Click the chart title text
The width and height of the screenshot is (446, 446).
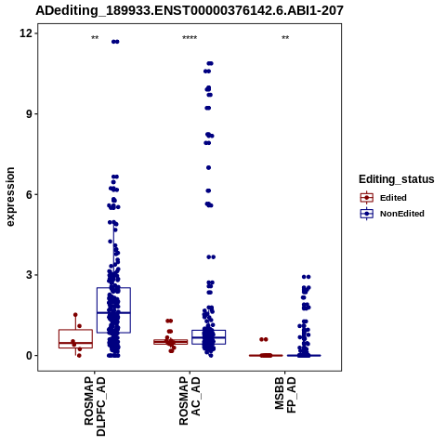pos(190,10)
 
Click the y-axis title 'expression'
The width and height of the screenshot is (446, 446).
pos(10,197)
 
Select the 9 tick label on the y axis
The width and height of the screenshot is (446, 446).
pos(30,113)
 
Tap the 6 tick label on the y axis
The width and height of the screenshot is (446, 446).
pos(30,194)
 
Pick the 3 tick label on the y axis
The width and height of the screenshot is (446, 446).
pos(30,275)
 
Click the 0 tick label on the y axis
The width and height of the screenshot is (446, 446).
pos(30,355)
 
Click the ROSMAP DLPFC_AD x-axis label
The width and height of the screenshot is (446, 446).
pos(95,406)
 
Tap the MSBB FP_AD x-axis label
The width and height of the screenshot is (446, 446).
pos(285,395)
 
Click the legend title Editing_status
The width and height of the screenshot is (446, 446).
pos(397,179)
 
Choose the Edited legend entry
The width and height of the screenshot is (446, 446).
pos(384,198)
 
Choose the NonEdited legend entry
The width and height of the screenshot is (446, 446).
pos(392,214)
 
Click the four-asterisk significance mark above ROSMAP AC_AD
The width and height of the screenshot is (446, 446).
pos(190,38)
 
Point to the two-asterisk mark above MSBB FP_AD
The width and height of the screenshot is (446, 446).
pos(285,38)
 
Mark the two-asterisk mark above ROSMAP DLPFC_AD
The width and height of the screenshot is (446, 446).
pos(95,38)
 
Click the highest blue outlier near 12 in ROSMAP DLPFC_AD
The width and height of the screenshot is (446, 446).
pos(115,42)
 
